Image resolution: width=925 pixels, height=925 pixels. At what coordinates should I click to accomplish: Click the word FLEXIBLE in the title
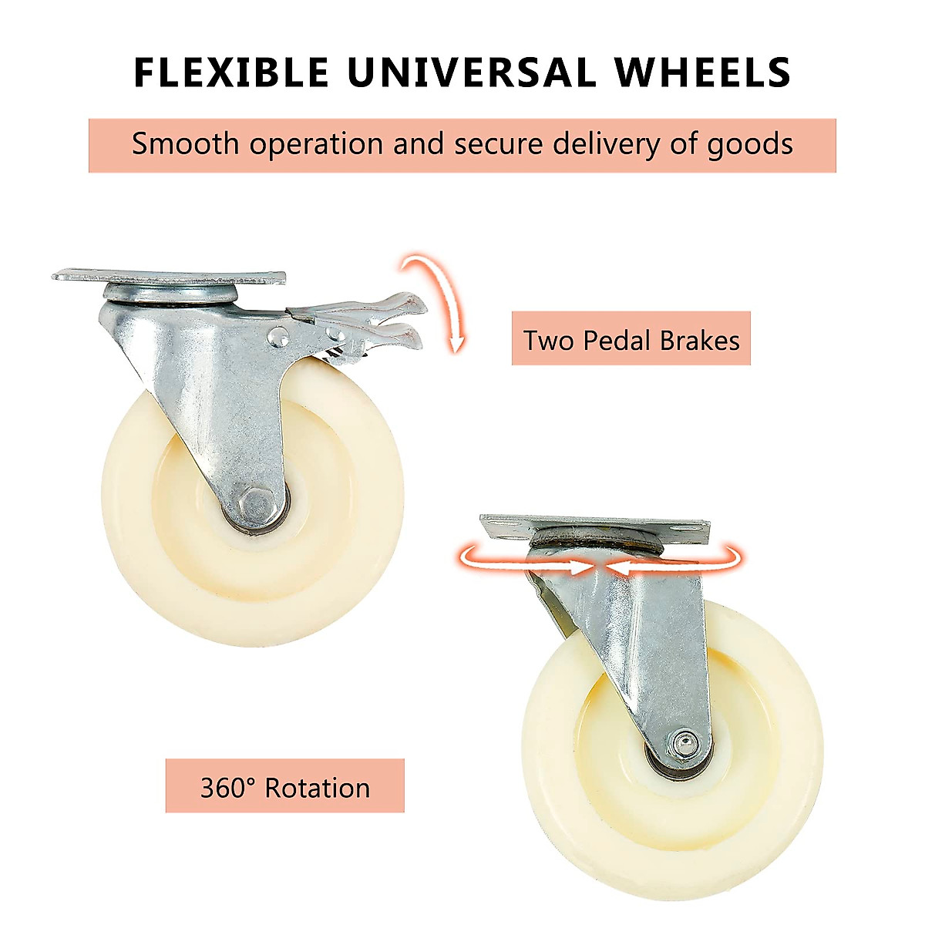pos(230,72)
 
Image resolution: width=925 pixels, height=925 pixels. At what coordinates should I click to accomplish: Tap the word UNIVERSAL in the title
pos(470,72)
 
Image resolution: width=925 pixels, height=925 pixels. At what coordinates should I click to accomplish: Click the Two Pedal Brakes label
pos(631,339)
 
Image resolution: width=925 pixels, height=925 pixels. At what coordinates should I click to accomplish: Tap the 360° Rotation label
pos(284,787)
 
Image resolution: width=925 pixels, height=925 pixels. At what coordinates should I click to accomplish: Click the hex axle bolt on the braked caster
pos(255,504)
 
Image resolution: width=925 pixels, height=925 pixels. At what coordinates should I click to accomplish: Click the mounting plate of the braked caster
pos(170,275)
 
